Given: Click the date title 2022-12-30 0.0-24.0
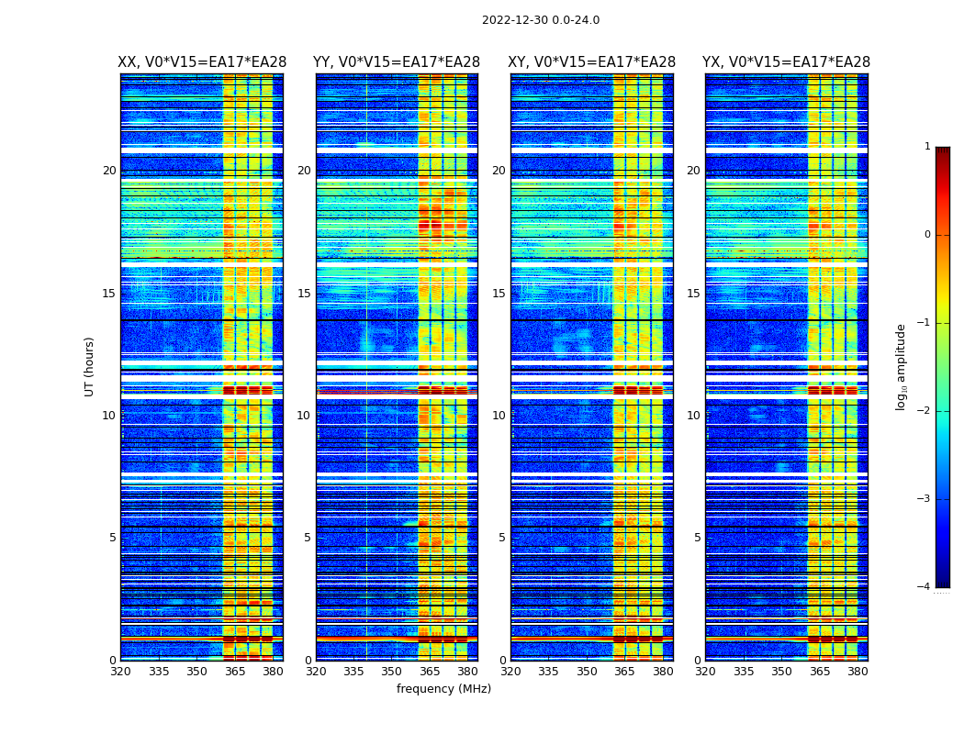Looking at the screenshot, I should pos(540,20).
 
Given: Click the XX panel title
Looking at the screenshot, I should pos(202,62).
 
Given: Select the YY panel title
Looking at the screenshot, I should pos(397,62).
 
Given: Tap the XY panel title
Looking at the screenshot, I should pos(591,62).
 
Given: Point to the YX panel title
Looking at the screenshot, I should pos(786,62).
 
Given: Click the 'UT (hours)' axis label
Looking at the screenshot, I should pos(90,366).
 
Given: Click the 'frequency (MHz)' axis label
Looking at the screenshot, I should pos(443,689).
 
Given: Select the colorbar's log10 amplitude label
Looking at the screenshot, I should pos(901,366).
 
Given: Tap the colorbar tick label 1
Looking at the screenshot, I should pos(926,147).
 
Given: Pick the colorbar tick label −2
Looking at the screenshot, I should pos(925,411).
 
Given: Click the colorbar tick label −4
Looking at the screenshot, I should pos(925,587).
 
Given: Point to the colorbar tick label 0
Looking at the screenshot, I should pos(926,235).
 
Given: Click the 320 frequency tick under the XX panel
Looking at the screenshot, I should pos(121,671).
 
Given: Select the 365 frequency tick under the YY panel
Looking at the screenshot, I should pos(430,671).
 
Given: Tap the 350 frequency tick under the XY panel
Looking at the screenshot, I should pos(587,671).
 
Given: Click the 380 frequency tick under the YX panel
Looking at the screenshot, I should pos(858,671).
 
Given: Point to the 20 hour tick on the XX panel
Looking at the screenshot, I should pos(109,171).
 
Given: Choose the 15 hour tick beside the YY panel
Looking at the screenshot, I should pos(304,294).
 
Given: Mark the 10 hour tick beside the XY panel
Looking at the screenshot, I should pos(499,416).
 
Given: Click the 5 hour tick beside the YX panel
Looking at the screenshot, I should pos(698,538).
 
